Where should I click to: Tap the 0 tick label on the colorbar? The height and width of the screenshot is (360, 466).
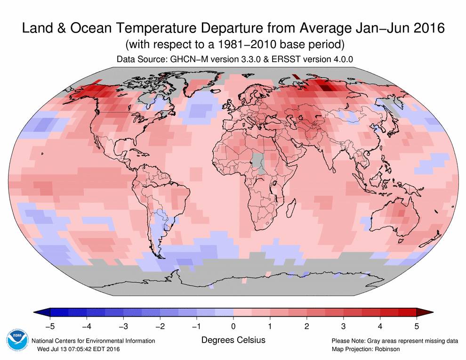click(233, 326)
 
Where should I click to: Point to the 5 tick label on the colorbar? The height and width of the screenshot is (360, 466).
click(416, 326)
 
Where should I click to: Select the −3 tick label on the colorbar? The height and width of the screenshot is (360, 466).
click(122, 326)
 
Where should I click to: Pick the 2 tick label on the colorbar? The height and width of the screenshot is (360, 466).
click(306, 326)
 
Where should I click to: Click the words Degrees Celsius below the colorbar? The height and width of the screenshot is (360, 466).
click(233, 340)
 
